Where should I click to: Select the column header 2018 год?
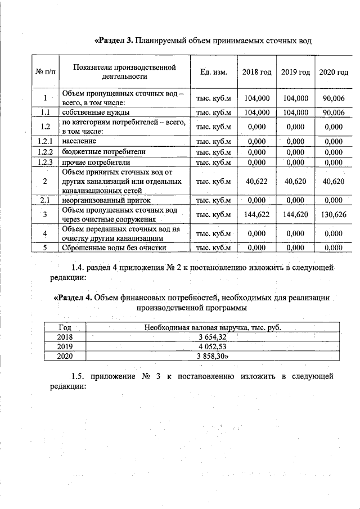[x=256, y=72]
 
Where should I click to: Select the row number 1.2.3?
[x=45, y=163]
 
